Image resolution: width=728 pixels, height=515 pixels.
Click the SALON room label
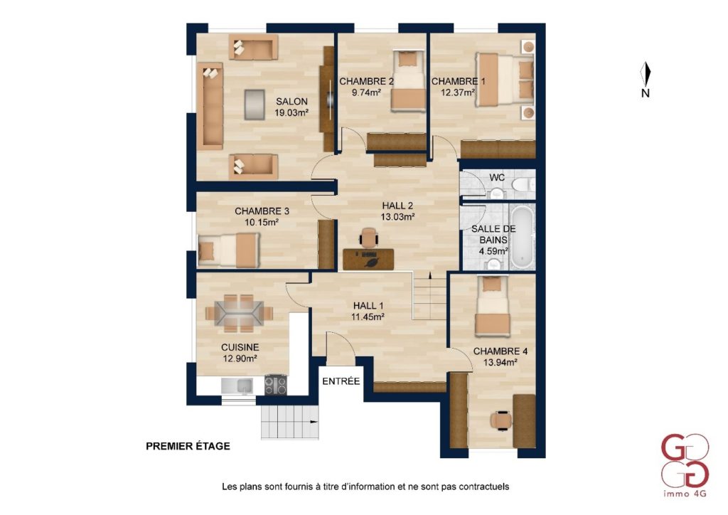(291, 101)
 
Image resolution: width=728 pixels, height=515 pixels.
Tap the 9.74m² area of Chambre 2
(366, 92)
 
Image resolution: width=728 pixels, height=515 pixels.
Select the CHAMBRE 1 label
(459, 81)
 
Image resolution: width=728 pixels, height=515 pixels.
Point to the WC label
(497, 177)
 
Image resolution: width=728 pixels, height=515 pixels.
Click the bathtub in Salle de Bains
(523, 237)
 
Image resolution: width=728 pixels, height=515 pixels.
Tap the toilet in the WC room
(523, 184)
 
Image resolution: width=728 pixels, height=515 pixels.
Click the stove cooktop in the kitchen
(276, 385)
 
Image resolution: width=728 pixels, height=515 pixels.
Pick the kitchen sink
(237, 386)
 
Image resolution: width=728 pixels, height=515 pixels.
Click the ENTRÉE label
(341, 381)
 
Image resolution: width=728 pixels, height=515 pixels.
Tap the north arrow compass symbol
(646, 74)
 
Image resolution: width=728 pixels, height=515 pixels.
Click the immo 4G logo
(685, 464)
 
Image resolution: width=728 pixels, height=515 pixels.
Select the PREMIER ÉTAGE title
(188, 446)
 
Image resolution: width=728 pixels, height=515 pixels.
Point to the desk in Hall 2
(369, 259)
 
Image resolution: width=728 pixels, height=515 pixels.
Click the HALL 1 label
(368, 306)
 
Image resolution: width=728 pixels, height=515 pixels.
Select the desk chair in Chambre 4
(501, 420)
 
